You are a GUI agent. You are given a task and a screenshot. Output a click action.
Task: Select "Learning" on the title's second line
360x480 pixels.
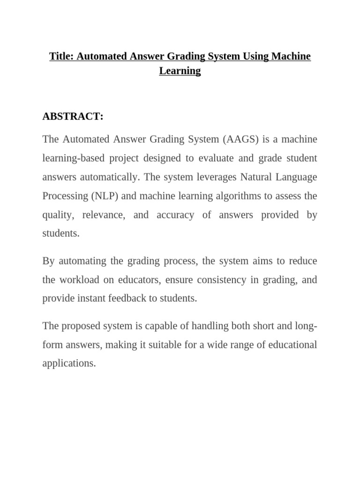[x=180, y=71]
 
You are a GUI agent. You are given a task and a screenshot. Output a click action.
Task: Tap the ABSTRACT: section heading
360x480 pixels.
[x=73, y=117]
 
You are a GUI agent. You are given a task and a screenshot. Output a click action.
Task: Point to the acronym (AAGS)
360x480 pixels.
[x=240, y=139]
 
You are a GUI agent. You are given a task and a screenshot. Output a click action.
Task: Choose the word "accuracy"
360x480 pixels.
[x=181, y=215]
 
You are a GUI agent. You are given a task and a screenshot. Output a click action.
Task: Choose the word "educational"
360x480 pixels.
[x=288, y=345]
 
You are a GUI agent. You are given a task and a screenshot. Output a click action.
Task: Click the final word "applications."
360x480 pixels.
[x=69, y=363]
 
